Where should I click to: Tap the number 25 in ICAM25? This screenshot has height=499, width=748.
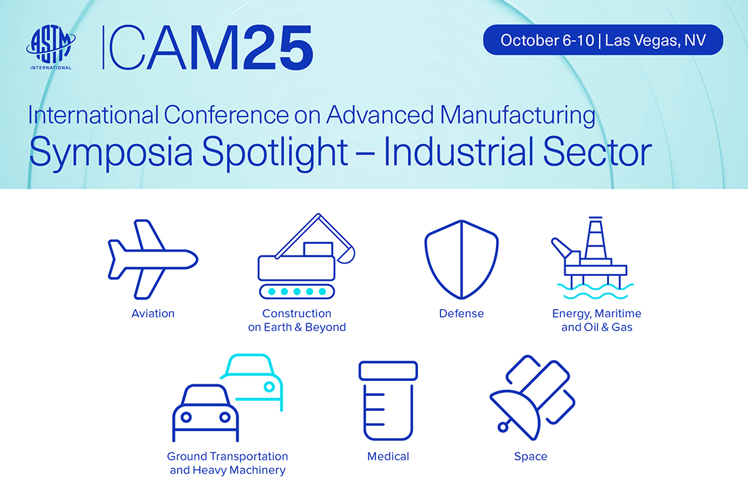point(278,48)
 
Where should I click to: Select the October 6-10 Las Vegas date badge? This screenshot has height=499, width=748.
point(603,40)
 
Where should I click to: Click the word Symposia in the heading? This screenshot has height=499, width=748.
point(111,153)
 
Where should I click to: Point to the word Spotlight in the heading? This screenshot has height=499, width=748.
point(274,153)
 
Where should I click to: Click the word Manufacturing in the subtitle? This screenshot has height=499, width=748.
point(518,115)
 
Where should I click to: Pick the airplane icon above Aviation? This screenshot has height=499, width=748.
point(152,259)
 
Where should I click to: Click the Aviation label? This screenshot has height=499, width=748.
point(153,314)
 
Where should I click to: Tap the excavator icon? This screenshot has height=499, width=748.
point(306,256)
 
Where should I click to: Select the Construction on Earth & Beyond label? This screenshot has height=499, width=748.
point(297,321)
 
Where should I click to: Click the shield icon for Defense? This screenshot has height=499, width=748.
point(461,259)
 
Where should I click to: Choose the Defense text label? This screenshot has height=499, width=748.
point(461,314)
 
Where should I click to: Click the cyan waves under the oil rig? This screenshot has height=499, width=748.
point(596,291)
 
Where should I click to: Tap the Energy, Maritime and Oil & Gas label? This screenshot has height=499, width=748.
point(597,321)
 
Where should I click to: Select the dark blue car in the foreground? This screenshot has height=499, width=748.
point(205,413)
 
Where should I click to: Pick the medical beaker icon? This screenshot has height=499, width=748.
point(388,401)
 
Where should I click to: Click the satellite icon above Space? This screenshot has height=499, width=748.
point(533,397)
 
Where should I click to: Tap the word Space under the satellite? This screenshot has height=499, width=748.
point(531,456)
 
